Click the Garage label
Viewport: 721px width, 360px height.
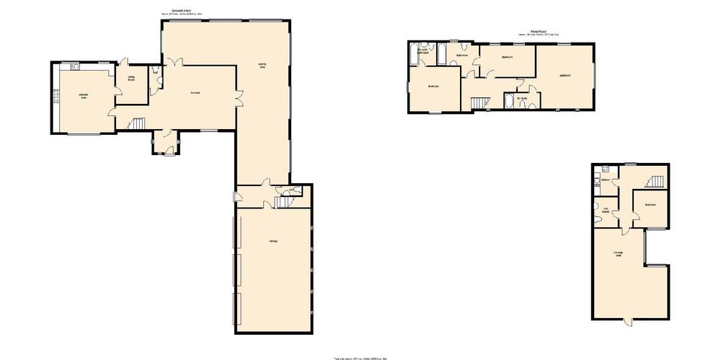tap(274, 240)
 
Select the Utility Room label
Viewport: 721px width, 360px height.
tap(132, 78)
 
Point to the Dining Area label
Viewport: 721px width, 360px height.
tap(262, 66)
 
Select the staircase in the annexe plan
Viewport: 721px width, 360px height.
tap(656, 180)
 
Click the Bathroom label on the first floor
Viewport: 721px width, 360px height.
tap(463, 56)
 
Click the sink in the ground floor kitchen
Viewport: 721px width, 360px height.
tap(75, 67)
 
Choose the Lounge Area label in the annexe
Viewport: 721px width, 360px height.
tap(619, 253)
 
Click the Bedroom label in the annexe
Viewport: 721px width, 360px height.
tap(650, 205)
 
